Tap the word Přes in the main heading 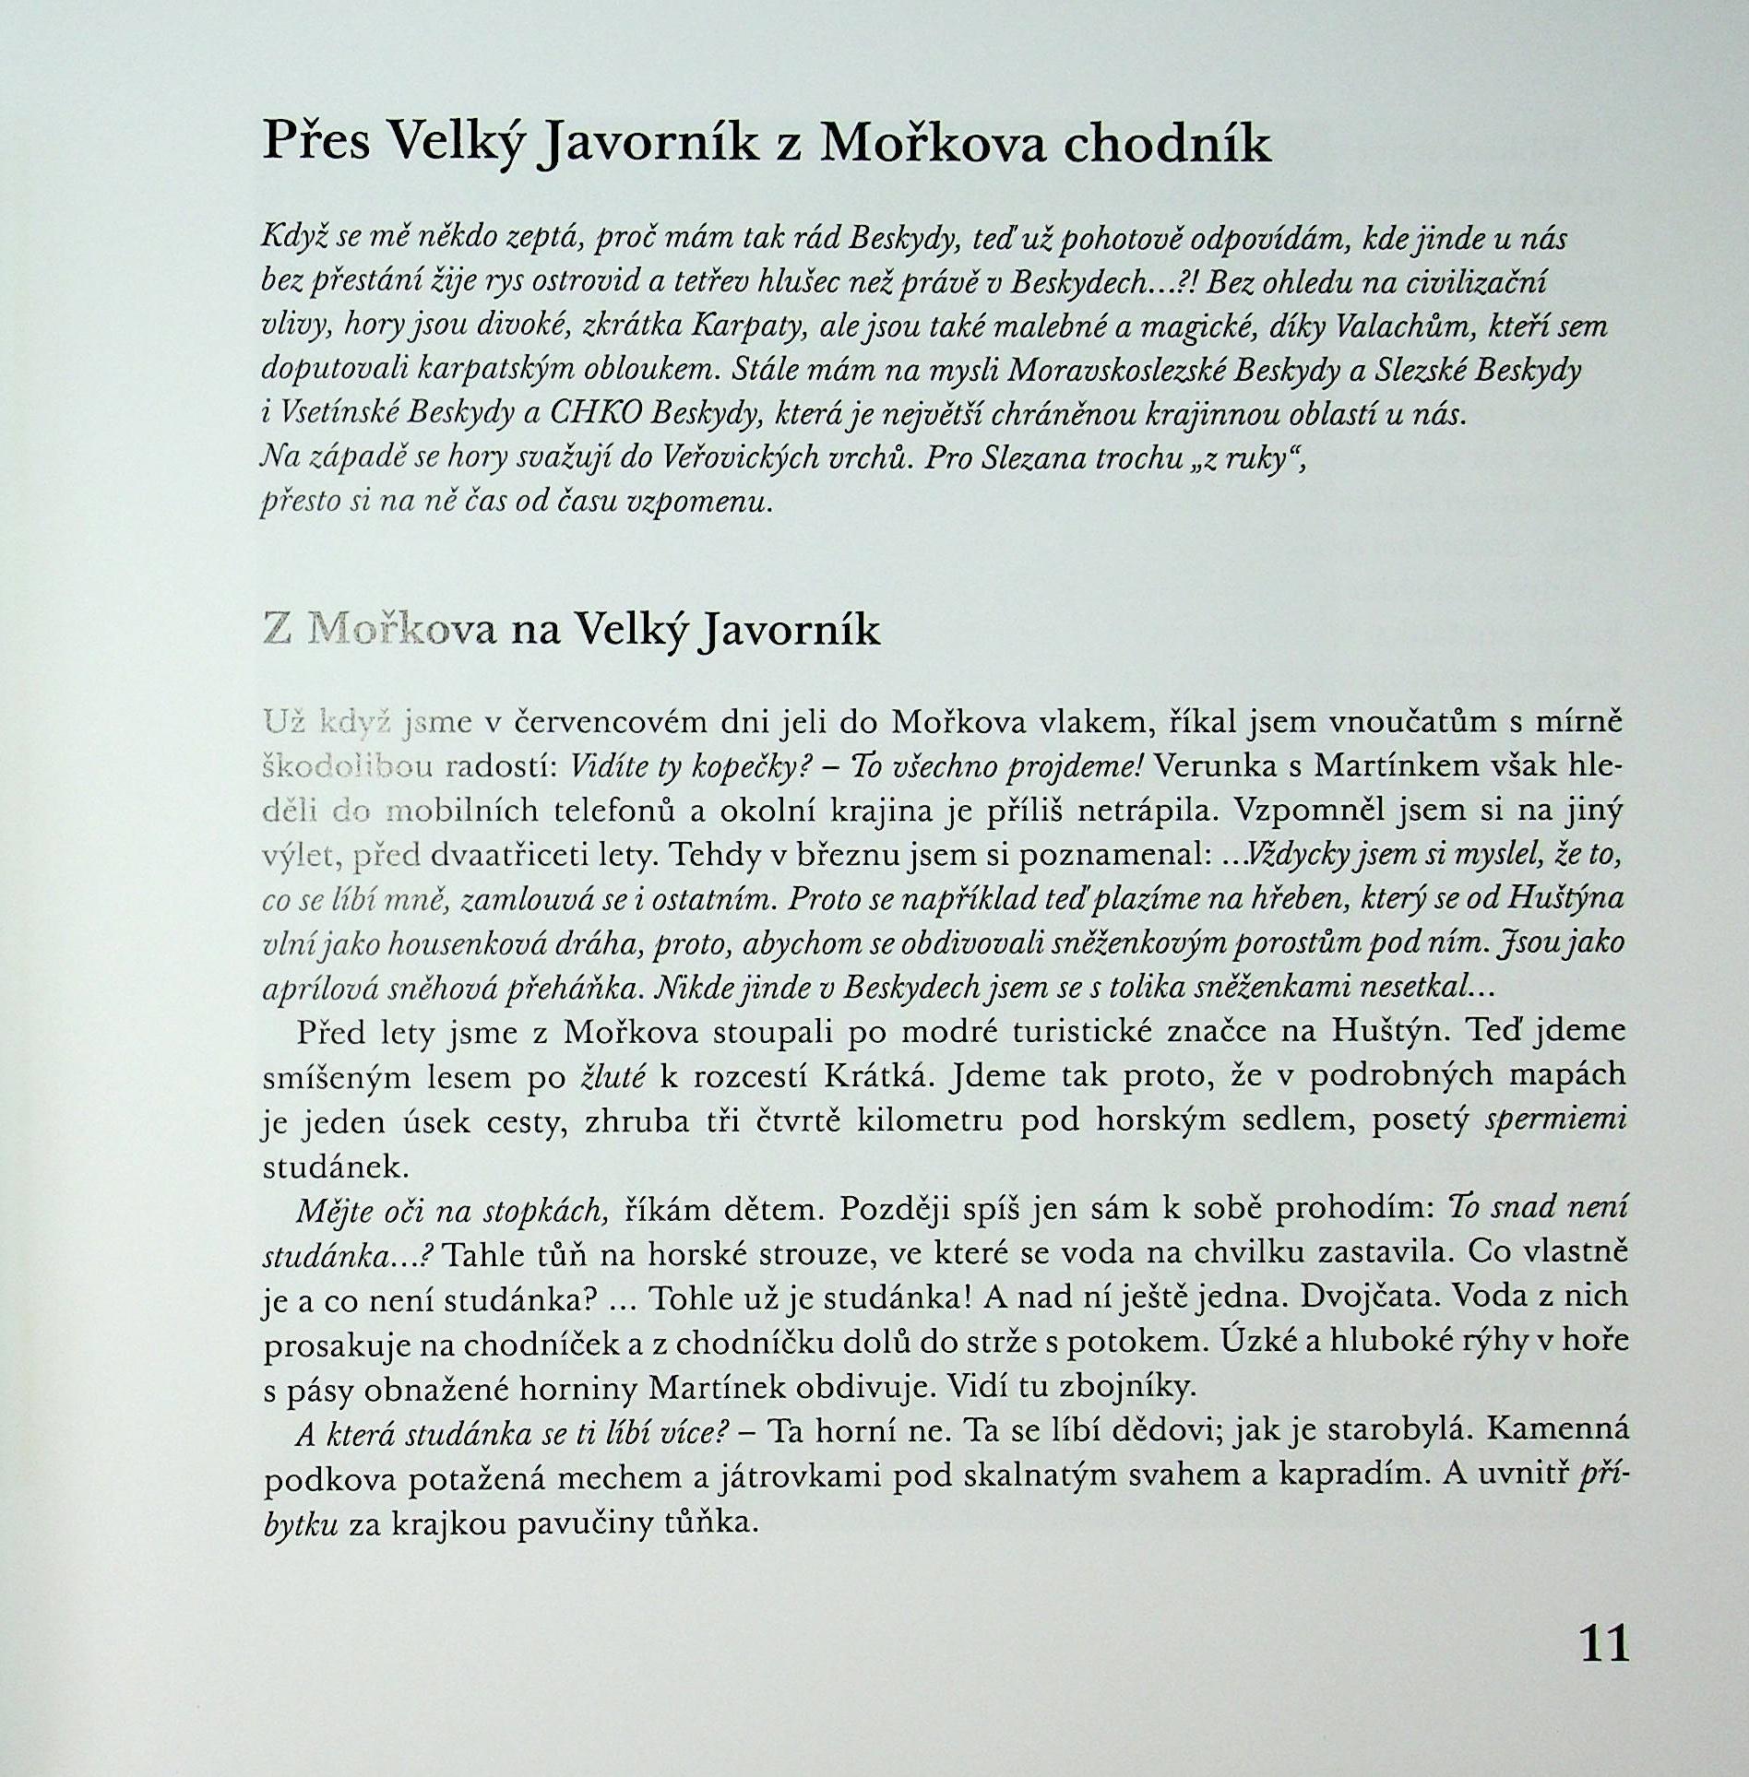click(316, 143)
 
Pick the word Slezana click(1032, 457)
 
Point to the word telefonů click(613, 811)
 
